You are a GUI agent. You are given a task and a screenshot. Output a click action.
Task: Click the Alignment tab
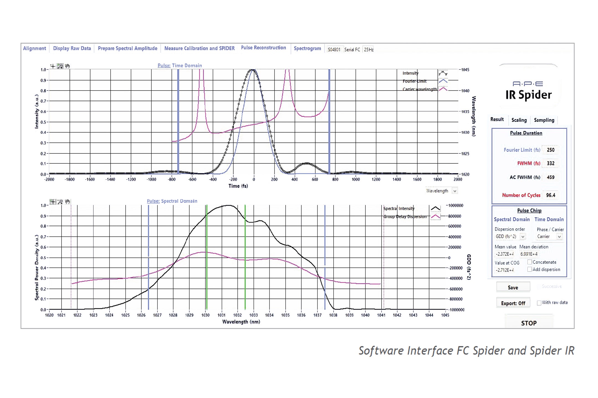coord(34,48)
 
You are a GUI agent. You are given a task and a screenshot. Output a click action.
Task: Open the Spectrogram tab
coord(307,48)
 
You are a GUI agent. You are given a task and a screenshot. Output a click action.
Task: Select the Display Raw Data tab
coord(72,48)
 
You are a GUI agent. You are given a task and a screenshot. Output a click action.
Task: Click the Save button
coord(513,287)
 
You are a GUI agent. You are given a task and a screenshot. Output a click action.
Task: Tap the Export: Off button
coord(513,303)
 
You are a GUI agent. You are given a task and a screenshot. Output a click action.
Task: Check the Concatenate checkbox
coord(530,262)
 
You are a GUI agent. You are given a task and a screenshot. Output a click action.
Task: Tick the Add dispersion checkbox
coord(530,269)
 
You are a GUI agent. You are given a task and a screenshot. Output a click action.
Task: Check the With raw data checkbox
coord(539,303)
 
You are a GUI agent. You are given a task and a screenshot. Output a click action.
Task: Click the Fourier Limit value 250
coord(550,150)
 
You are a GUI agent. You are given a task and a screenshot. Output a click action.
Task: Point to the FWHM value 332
coord(550,163)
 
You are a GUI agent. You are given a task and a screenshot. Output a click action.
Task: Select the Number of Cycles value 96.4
coord(550,195)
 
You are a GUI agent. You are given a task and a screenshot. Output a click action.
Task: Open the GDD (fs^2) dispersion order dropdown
coord(523,237)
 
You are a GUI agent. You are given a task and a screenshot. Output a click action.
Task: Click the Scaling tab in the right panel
coord(519,120)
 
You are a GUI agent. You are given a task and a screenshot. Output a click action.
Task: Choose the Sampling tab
coord(544,120)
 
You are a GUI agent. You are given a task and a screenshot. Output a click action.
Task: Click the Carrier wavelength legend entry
coord(420,89)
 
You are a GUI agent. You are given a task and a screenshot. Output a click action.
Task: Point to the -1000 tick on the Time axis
coord(151,179)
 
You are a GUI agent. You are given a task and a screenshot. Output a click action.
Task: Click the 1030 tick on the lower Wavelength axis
coord(205,315)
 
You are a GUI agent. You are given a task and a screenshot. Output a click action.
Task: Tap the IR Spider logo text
coord(528,95)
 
